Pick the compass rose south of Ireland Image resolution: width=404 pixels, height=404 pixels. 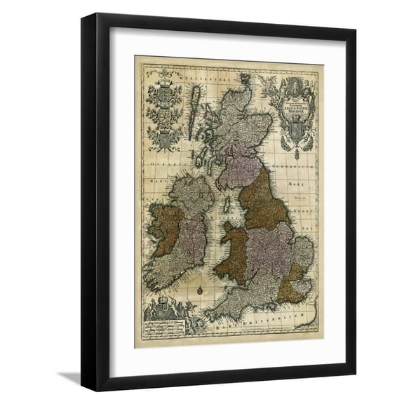click(x=200, y=288)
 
